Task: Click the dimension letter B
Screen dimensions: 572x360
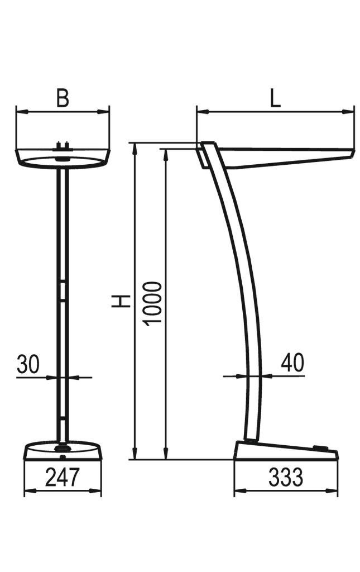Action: click(63, 98)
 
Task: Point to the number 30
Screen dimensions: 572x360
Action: click(28, 364)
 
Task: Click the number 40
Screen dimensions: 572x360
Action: click(292, 363)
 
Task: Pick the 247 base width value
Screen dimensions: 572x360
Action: click(63, 478)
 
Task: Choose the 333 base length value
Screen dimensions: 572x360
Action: click(286, 478)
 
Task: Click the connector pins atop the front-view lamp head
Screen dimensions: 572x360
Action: click(63, 147)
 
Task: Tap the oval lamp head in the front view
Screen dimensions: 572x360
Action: click(63, 160)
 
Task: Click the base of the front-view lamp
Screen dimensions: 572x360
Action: click(63, 450)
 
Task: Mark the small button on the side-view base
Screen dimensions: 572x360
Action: click(320, 447)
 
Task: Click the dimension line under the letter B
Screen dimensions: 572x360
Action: click(63, 112)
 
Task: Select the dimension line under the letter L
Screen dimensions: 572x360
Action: click(275, 112)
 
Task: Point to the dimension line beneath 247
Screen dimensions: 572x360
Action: click(63, 491)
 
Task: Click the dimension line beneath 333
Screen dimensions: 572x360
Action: click(286, 492)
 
